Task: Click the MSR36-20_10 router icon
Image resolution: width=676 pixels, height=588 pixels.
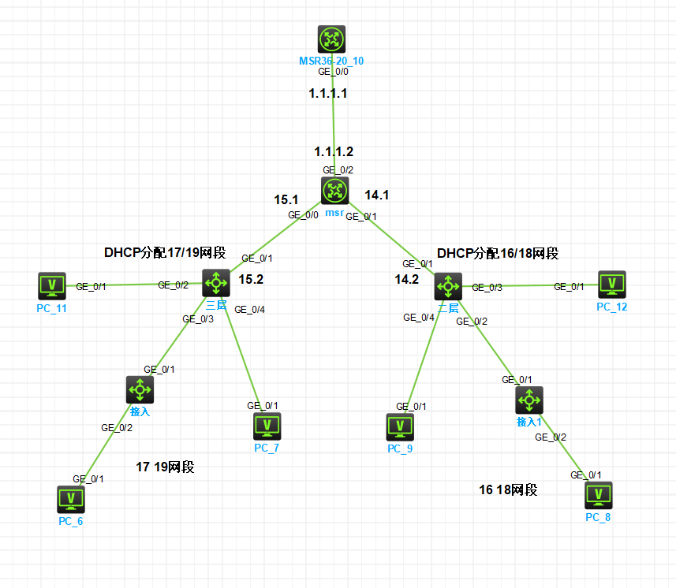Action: [331, 39]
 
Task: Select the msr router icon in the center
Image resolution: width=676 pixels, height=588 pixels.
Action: [335, 191]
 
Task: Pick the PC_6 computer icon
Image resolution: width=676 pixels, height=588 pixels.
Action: [71, 499]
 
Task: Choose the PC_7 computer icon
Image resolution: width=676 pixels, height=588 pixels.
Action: [267, 426]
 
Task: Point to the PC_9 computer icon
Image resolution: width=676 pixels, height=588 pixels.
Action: [400, 427]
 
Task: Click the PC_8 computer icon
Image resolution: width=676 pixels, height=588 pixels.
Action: [598, 495]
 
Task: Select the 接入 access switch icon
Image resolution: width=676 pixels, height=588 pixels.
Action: [140, 389]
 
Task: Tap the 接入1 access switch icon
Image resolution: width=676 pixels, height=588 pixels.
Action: [528, 400]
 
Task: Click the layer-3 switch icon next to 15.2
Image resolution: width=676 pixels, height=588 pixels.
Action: [215, 281]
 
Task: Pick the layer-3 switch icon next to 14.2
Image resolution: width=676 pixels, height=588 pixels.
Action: [447, 286]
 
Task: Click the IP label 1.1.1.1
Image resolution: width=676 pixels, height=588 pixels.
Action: [327, 93]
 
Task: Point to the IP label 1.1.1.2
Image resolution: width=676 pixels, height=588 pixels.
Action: [334, 151]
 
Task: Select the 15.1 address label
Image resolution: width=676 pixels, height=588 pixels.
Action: [286, 200]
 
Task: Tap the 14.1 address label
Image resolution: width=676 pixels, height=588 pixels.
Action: [376, 194]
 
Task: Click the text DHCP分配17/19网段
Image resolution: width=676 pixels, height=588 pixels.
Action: [165, 253]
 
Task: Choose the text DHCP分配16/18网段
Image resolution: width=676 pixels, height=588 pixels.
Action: [498, 253]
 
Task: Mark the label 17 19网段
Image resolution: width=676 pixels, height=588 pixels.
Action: [165, 467]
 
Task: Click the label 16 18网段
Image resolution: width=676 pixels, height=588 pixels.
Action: [508, 489]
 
